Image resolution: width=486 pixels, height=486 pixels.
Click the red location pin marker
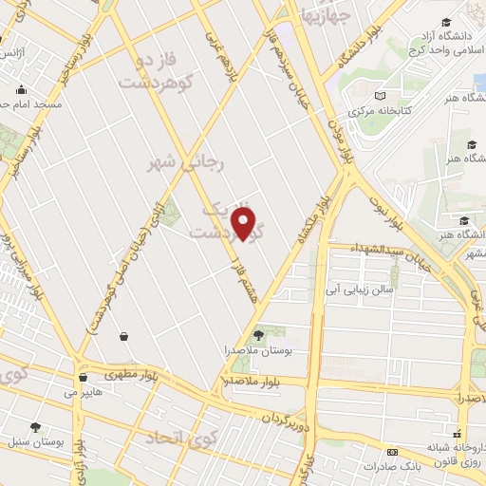click(245, 224)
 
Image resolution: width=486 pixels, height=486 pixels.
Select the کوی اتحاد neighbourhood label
click(181, 438)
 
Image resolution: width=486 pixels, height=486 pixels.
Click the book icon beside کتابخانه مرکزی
click(380, 96)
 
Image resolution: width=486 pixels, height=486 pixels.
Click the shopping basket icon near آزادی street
click(124, 336)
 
